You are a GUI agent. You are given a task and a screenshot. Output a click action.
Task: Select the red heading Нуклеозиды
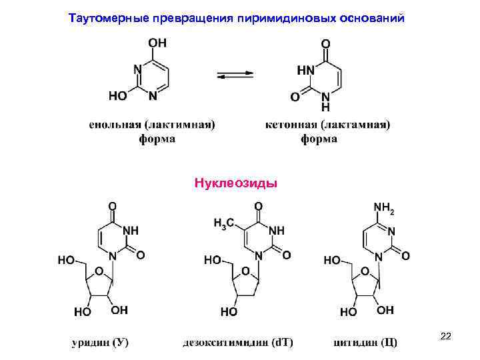[x=235, y=182]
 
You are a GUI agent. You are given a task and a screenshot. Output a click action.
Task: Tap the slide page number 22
[x=445, y=337]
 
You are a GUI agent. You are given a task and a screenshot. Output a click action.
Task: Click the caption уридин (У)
[x=101, y=343]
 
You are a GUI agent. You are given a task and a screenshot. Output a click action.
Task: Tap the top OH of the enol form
[x=158, y=43]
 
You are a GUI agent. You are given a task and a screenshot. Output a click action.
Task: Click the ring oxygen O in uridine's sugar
[x=99, y=271]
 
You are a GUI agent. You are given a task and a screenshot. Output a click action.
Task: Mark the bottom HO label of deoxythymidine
[x=229, y=311]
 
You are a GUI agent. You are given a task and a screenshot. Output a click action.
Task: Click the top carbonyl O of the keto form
[x=325, y=43]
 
